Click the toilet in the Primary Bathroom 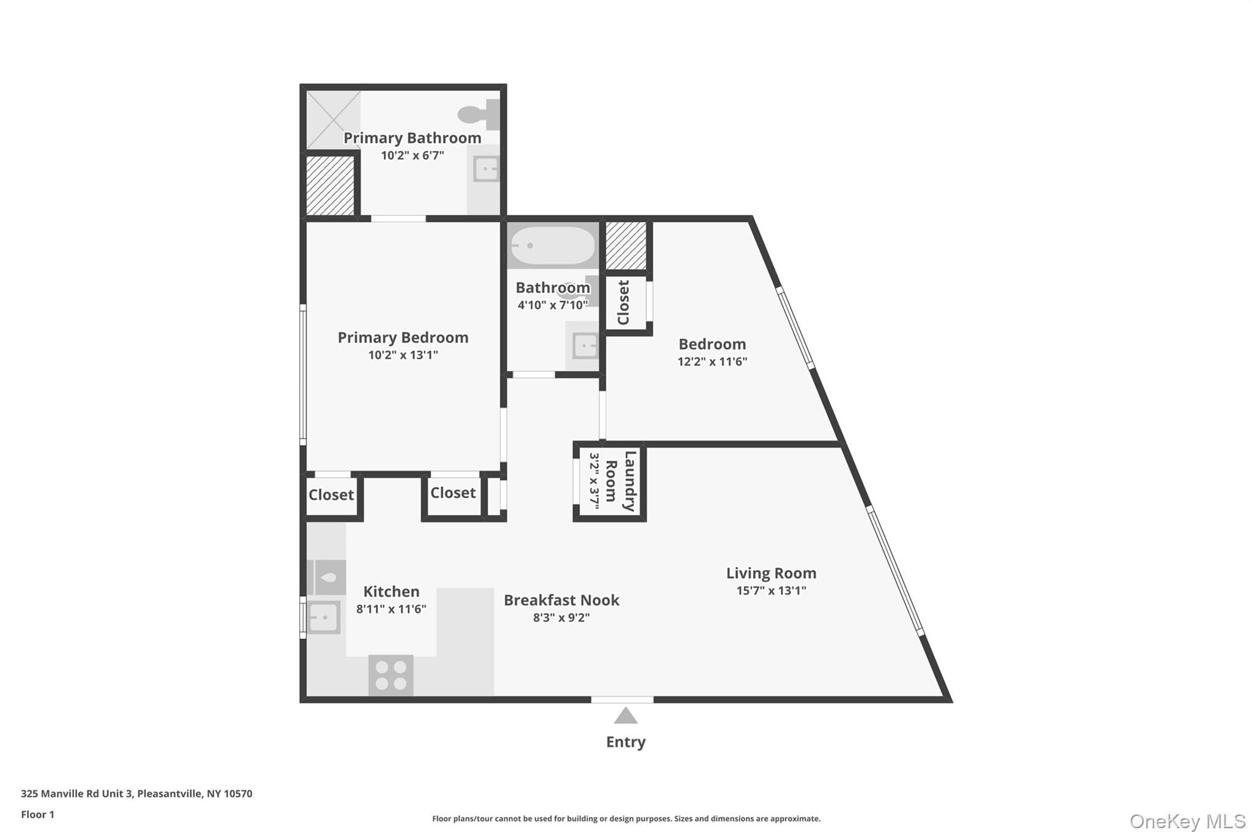click(479, 114)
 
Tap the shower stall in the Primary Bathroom click(333, 120)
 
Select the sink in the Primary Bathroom click(486, 169)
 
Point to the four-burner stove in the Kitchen click(391, 675)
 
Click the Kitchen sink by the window click(323, 618)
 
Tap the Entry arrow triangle click(625, 716)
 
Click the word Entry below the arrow click(625, 742)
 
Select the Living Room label click(771, 573)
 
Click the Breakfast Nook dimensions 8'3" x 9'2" click(561, 618)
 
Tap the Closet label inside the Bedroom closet click(623, 303)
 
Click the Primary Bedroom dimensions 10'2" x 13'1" click(403, 355)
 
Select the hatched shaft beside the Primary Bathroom click(330, 185)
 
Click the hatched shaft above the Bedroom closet click(626, 245)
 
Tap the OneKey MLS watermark click(1187, 821)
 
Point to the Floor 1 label click(37, 814)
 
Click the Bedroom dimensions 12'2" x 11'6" click(712, 362)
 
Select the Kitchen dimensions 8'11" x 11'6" click(391, 609)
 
